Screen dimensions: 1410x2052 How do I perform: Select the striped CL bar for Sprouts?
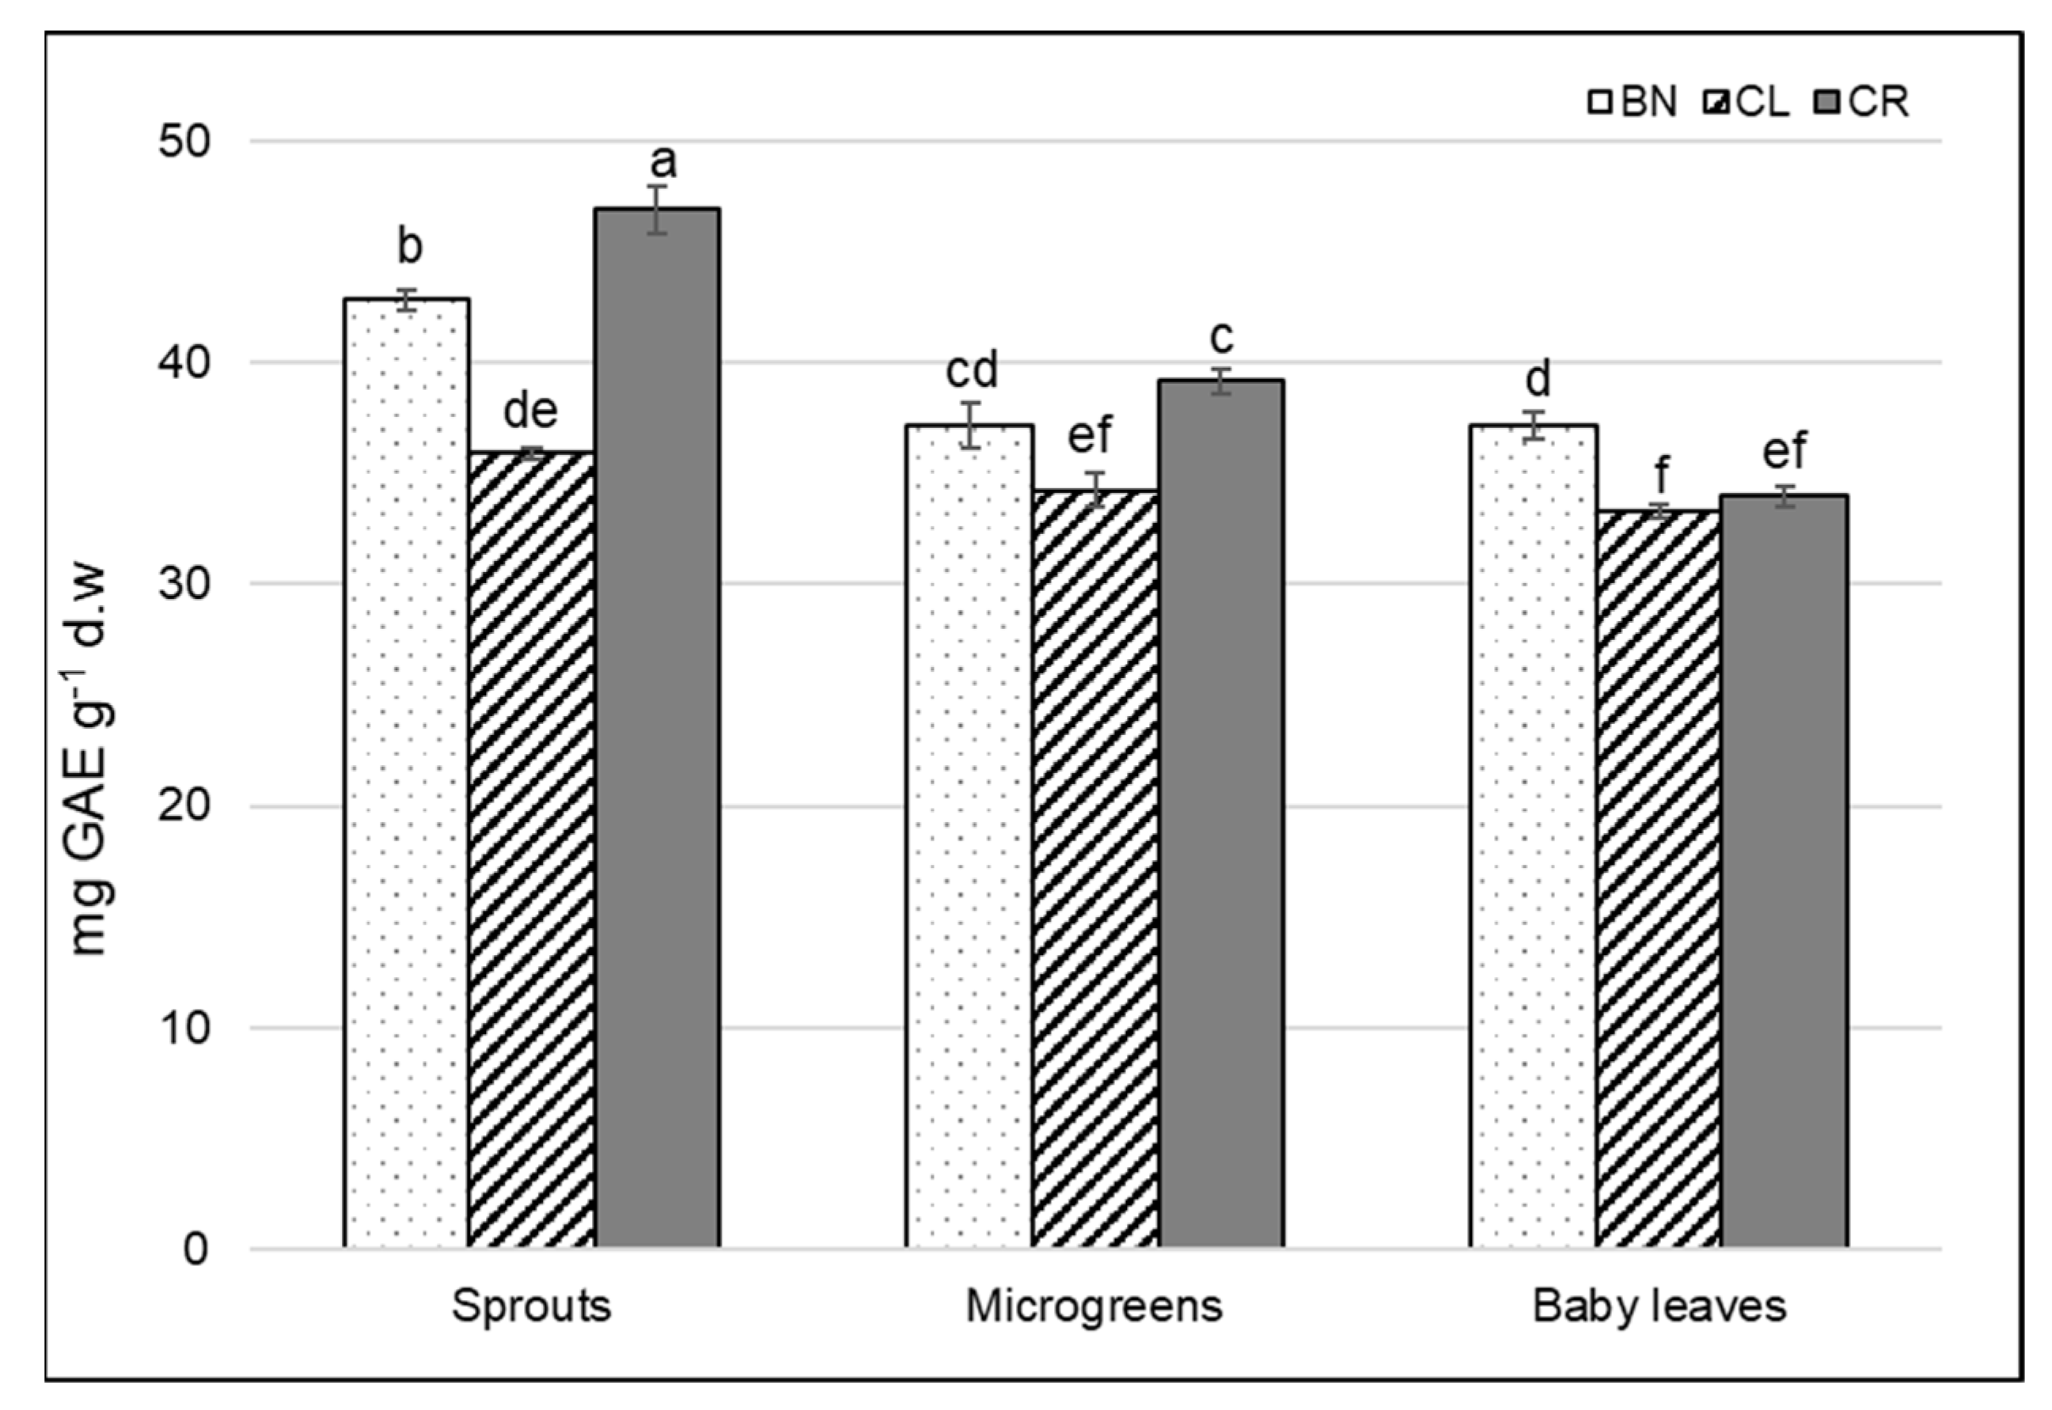(x=532, y=848)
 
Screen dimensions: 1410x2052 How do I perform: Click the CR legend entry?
(x=1864, y=104)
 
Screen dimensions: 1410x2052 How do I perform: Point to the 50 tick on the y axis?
(x=187, y=142)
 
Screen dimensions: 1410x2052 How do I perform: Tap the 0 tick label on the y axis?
(x=196, y=1249)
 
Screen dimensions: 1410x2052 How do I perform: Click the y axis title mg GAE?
(x=89, y=760)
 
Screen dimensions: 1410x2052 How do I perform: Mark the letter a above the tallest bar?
(x=662, y=161)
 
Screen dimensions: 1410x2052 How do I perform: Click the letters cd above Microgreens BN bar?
(x=972, y=370)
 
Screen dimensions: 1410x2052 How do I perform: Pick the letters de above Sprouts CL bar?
(x=531, y=410)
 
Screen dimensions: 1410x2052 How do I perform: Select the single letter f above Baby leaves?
(x=1661, y=476)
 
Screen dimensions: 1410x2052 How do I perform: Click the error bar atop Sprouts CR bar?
(x=656, y=210)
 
